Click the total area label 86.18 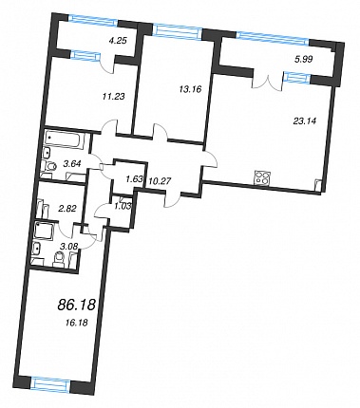pos(76,305)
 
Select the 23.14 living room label pos(305,121)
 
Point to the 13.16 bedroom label pos(190,89)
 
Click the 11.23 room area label pos(113,96)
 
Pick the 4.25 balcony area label pos(117,41)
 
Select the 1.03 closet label pos(123,206)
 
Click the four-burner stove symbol pos(263,177)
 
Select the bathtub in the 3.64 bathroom pos(64,139)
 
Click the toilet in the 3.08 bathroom pos(59,259)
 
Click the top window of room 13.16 pos(177,30)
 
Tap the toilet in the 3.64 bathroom pos(49,165)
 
